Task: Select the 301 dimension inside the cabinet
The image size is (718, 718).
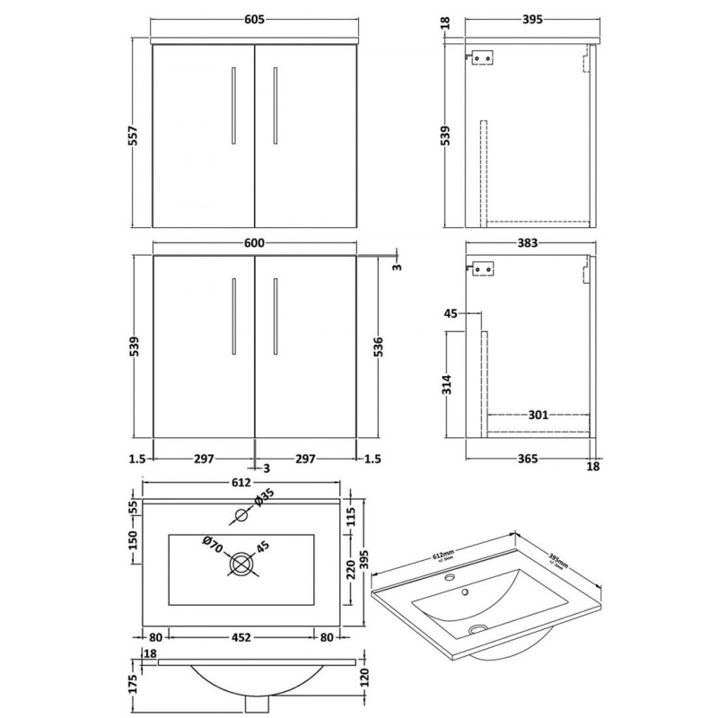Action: coord(538,415)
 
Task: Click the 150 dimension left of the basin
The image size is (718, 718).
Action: coord(135,541)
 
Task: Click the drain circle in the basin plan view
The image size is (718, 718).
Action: coord(241,565)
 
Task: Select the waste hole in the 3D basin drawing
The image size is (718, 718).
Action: coord(477,631)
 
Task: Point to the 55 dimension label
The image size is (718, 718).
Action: coord(135,507)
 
